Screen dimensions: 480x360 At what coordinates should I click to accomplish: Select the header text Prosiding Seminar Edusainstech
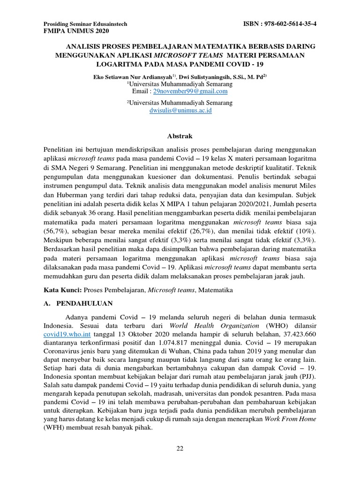(x=85, y=24)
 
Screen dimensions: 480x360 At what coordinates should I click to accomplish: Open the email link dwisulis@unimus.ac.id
(x=180, y=110)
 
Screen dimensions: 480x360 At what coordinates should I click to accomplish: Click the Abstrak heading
(x=180, y=136)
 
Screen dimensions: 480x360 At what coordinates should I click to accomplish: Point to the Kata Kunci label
(x=62, y=291)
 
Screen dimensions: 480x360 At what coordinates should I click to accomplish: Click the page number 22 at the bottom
(x=180, y=449)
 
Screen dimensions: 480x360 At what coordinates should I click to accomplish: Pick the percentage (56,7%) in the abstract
(x=55, y=232)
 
